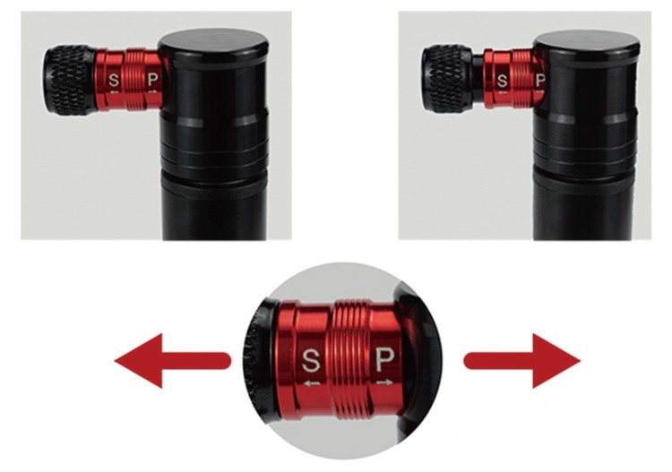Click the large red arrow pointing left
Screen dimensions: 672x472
tap(172, 361)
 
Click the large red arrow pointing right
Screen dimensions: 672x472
tap(522, 361)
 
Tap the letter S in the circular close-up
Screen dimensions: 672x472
tap(311, 361)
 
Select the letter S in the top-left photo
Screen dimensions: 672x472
tap(114, 80)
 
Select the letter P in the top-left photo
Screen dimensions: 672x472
tap(153, 79)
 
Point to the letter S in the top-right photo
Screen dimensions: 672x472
tap(502, 80)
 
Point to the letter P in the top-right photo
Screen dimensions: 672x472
tap(540, 80)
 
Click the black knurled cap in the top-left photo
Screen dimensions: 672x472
tap(71, 80)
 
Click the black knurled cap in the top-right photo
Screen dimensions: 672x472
tap(447, 79)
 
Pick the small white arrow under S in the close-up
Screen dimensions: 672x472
tap(312, 382)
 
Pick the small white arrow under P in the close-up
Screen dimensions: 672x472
tap(384, 382)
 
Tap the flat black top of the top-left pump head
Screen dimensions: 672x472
tap(214, 41)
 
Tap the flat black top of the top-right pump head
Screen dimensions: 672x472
tap(587, 42)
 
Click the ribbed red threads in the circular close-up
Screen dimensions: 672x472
tap(350, 361)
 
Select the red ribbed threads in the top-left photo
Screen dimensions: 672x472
tap(134, 79)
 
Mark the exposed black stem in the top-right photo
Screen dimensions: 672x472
tap(478, 79)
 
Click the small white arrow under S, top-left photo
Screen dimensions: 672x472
tap(114, 91)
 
